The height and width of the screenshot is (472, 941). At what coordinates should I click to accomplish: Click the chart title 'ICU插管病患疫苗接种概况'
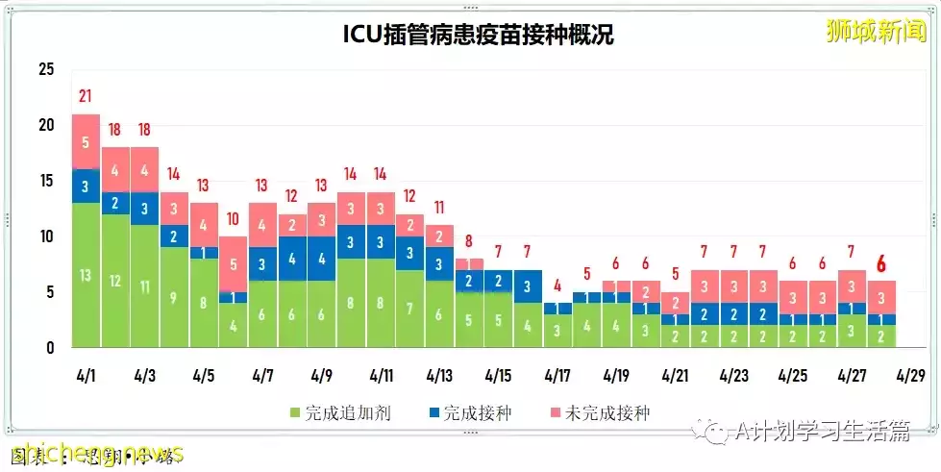tap(479, 35)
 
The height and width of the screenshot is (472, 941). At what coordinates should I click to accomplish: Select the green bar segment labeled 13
tap(86, 275)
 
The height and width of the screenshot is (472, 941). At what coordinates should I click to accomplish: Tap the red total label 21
tap(86, 96)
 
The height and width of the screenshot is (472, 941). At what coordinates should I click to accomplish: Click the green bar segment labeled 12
tap(115, 281)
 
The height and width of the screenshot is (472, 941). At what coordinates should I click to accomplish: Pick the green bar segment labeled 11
tap(144, 286)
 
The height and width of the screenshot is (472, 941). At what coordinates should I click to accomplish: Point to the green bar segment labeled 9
tap(174, 297)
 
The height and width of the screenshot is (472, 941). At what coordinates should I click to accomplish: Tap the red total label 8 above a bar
tap(468, 240)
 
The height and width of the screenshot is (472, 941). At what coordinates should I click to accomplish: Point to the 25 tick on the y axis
tap(46, 70)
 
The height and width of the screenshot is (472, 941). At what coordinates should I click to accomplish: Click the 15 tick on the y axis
tap(46, 181)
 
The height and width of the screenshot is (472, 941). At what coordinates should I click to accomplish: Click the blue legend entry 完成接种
tap(475, 413)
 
